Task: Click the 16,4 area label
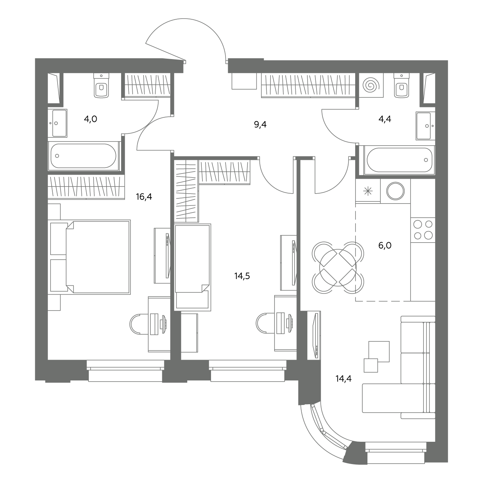coord(144,197)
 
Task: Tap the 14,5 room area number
coord(242,276)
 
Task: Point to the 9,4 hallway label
coord(260,124)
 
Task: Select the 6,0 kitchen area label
coord(385,245)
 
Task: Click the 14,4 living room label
coord(343,378)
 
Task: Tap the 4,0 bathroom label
coord(91,119)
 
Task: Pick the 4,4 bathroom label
coord(385,119)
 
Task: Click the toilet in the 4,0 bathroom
coord(101,85)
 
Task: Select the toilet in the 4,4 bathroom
coord(402,85)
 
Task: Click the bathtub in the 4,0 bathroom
coord(84,156)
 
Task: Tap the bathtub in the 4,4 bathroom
coord(399,160)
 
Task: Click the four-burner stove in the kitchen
coord(423,230)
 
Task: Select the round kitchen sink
coord(395,191)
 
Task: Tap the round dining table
coord(338,268)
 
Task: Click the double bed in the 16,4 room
coord(90,257)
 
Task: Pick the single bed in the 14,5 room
coord(192,268)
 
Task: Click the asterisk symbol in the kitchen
coord(368,191)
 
